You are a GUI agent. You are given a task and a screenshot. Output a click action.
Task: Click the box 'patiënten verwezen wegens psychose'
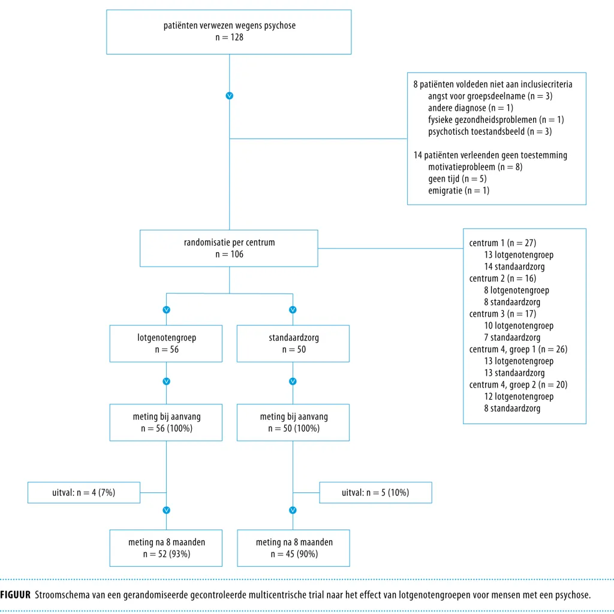[x=229, y=32]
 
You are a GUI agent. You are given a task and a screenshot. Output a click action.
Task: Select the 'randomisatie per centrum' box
[x=229, y=248]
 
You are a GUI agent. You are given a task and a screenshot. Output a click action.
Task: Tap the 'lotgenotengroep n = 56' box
[x=166, y=343]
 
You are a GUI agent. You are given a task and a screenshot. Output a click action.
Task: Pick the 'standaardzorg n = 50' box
[x=293, y=343]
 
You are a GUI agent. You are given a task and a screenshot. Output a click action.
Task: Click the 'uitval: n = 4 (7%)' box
[x=84, y=492]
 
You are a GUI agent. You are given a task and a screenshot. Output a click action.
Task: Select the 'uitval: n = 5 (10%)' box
[x=375, y=492]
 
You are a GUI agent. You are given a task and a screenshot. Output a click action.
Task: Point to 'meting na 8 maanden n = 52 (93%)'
[x=166, y=548]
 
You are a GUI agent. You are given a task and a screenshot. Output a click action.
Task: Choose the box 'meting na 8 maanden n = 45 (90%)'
[x=293, y=548]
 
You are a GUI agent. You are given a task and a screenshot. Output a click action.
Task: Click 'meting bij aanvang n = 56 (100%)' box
[x=166, y=422]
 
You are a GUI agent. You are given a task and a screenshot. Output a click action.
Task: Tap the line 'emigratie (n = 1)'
[x=459, y=190]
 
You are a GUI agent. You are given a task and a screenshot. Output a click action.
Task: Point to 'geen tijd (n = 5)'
[x=457, y=179]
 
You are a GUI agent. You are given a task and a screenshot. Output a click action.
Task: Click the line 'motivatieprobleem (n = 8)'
[x=475, y=167]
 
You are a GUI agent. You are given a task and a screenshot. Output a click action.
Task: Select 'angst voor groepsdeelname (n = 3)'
[x=490, y=96]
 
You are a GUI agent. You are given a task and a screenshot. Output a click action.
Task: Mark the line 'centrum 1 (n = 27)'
[x=502, y=243]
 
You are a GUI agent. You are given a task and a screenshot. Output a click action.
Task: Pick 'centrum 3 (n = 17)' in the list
[x=502, y=314]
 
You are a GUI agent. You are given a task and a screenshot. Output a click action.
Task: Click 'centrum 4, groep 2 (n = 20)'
[x=518, y=385]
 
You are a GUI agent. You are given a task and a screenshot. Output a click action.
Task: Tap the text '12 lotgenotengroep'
[x=519, y=397]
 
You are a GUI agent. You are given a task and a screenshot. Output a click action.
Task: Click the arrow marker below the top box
[x=230, y=96]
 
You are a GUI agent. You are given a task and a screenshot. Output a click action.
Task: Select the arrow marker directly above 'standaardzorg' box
[x=293, y=310]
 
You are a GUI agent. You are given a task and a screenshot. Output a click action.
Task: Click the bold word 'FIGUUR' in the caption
[x=16, y=595]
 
